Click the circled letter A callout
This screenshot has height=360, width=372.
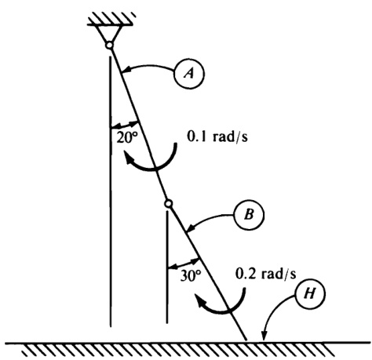point(189,74)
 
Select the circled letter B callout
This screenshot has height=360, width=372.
point(249,215)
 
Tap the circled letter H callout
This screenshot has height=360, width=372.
point(310,294)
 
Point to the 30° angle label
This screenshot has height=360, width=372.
point(191,276)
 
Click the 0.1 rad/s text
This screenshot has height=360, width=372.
point(217,136)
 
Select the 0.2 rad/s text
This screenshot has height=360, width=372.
point(266,274)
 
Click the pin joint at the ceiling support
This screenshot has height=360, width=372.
point(109,45)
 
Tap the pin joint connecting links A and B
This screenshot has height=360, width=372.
point(169,203)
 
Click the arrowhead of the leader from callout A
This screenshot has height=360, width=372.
point(126,70)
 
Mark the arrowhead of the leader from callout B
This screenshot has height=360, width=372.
point(191,228)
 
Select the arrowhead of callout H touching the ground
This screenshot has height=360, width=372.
point(264,336)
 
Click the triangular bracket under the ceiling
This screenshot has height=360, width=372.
point(110,34)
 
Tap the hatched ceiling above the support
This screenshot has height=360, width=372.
point(111,19)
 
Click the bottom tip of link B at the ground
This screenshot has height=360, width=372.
point(246,340)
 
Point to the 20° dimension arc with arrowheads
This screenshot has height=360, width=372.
point(125,124)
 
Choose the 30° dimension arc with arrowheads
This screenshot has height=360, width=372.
point(184,264)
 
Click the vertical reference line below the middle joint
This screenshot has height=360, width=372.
point(167,267)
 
